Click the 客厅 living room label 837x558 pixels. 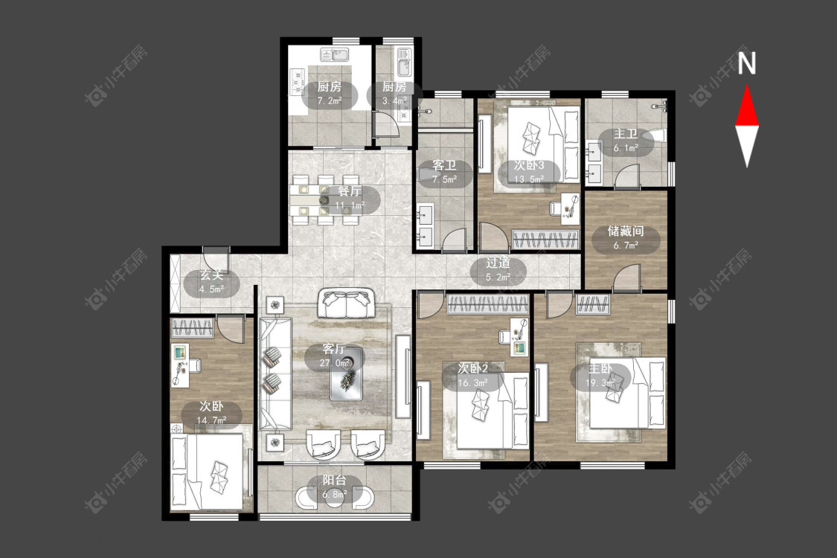coord(334,349)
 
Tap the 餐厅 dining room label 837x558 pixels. coord(350,192)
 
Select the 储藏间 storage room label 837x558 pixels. coord(625,231)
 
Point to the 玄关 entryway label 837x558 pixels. coord(211,275)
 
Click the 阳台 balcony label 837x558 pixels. coord(334,480)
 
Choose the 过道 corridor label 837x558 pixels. coord(498,263)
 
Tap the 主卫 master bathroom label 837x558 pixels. coord(625,133)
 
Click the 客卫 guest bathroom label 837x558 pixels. coord(444,165)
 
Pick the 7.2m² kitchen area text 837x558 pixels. coord(330,100)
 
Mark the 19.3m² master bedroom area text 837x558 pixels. coord(600,383)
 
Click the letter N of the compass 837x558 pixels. coord(747,62)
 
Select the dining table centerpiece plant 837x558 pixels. coord(324,200)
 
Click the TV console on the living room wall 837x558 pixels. coord(403,376)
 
